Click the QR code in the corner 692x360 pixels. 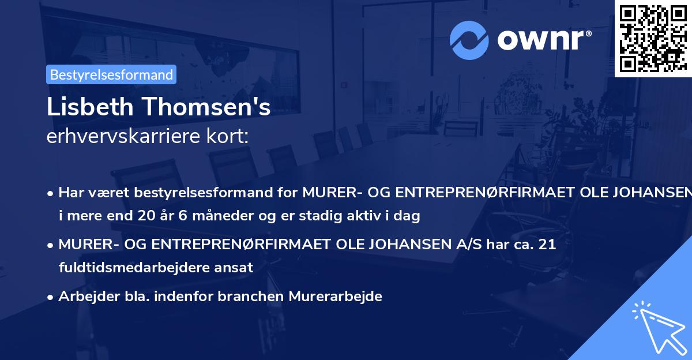coord(652,38)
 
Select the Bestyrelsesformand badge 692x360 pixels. coord(111,74)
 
